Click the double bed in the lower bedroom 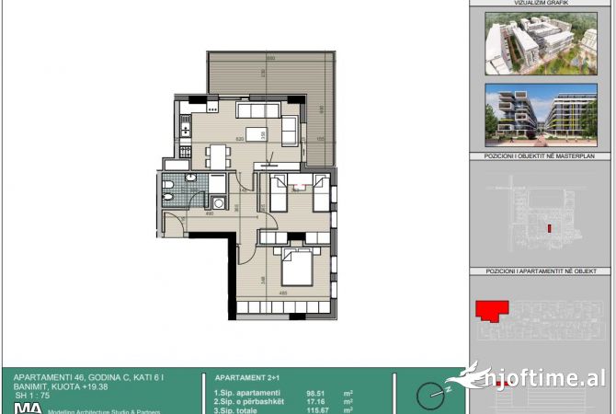click(297, 267)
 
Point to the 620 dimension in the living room click(240, 139)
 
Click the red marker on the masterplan click(549, 227)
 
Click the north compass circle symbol click(429, 397)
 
